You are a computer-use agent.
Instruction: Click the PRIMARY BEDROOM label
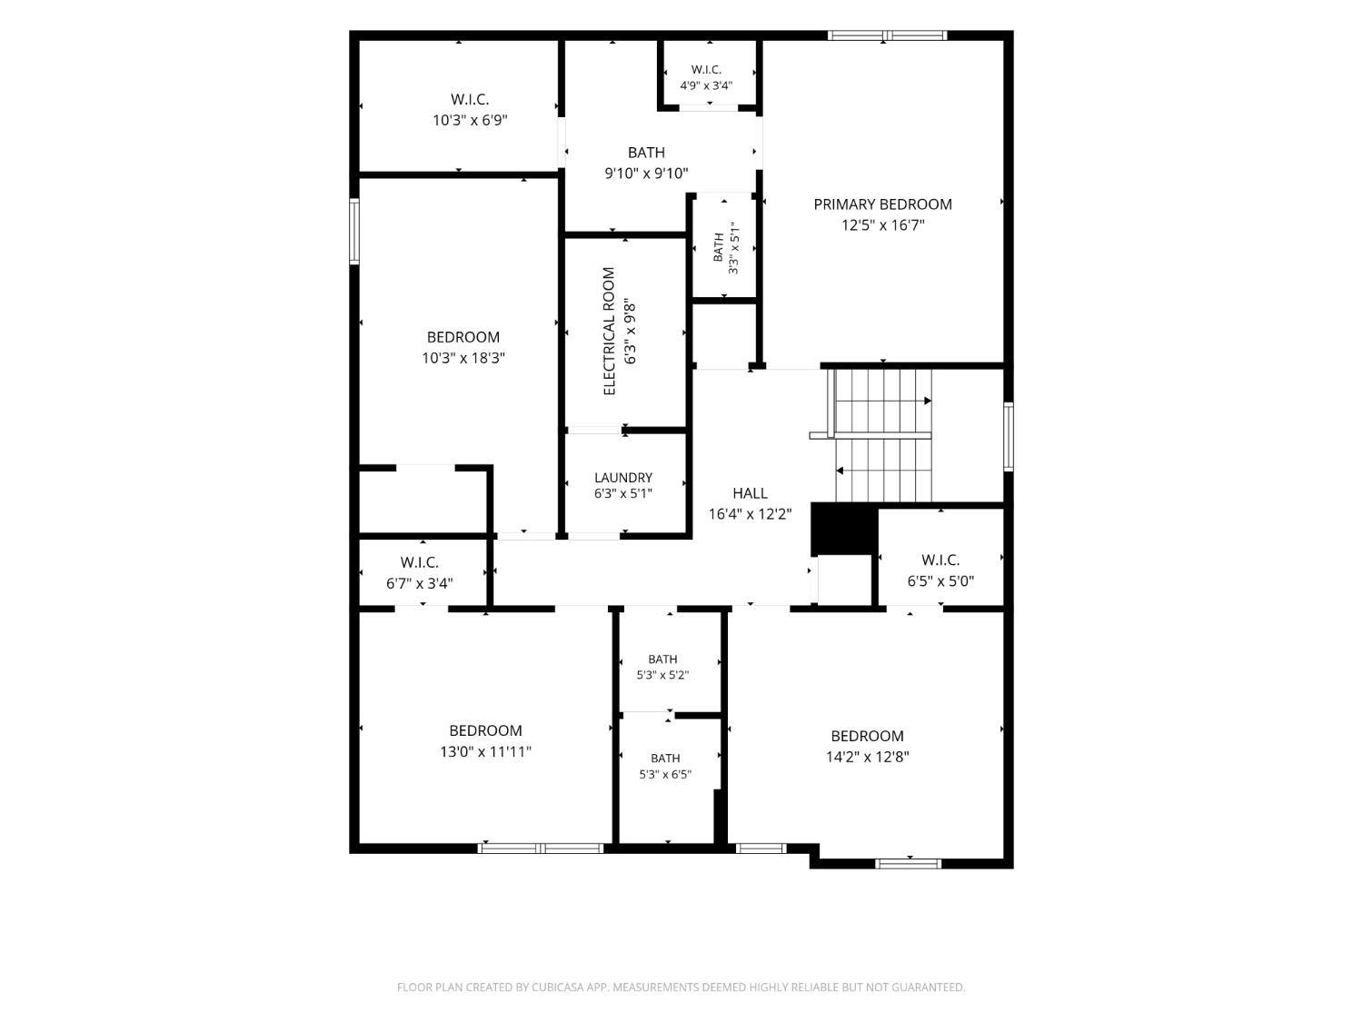point(882,204)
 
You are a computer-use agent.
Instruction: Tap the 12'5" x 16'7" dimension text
point(882,225)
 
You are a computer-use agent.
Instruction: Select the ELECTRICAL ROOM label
point(609,331)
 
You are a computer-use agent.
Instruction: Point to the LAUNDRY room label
point(622,477)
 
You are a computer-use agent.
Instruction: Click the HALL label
point(750,493)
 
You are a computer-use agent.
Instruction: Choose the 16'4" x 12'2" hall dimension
point(750,514)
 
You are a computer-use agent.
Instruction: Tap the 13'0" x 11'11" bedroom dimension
point(485,751)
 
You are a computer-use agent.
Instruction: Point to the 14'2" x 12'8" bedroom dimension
point(867,757)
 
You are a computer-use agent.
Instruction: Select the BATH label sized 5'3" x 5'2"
point(662,659)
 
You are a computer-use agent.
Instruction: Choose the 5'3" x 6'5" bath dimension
point(665,774)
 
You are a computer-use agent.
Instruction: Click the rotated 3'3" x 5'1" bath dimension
point(734,248)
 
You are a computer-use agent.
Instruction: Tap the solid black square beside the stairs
point(844,529)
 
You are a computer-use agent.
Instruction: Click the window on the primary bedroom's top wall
point(887,35)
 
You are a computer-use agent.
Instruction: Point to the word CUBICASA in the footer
point(558,987)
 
